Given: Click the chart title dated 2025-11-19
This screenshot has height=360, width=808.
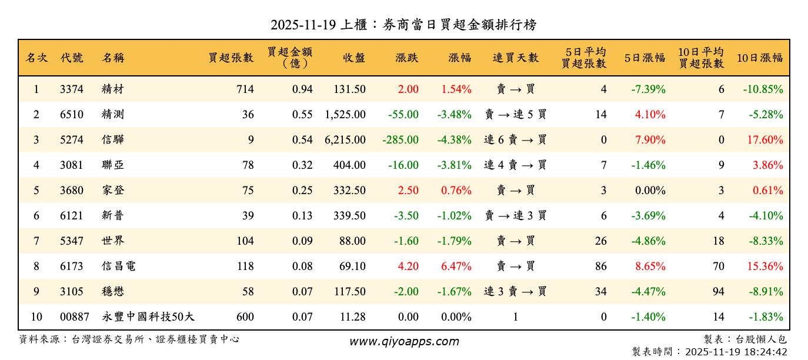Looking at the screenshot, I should (x=403, y=25).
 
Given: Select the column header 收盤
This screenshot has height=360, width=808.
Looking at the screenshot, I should (x=354, y=58).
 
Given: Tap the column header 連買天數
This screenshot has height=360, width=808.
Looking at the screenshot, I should (x=515, y=58).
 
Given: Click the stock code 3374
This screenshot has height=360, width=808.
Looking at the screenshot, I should (x=72, y=89).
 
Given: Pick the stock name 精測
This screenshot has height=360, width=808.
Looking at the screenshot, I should (x=113, y=115).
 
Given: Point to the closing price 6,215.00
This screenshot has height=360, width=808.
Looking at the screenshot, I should (x=345, y=140).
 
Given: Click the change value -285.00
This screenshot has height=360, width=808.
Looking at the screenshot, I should (x=400, y=140).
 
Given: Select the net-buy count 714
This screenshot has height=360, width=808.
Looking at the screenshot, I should (x=245, y=89).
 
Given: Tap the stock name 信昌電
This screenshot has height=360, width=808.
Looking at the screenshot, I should (x=118, y=266).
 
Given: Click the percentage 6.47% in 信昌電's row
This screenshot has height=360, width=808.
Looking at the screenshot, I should (x=456, y=266).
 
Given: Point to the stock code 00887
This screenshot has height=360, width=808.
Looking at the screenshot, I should (x=75, y=317).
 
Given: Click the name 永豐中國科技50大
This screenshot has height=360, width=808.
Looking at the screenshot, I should (x=148, y=317).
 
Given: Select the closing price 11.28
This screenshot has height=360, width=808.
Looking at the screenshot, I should (x=352, y=317).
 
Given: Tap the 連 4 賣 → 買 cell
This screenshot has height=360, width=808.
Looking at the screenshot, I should (x=515, y=165).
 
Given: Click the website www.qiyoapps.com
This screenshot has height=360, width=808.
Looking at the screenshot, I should (x=404, y=341).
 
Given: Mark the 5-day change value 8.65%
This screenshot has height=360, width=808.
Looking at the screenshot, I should (x=650, y=266).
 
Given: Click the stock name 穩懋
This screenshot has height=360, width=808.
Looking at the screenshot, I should (x=113, y=292).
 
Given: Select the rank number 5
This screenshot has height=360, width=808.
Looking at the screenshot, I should (x=36, y=191).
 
